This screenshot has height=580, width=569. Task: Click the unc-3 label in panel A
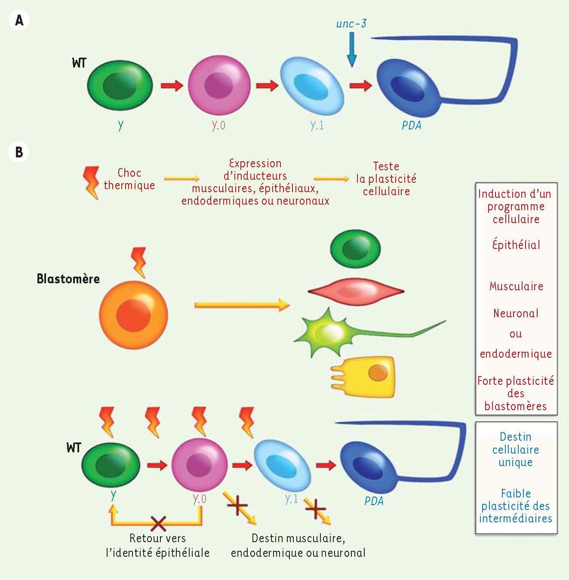coord(351,24)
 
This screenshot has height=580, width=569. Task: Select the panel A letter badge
coord(19,20)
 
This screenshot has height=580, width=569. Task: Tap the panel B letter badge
coord(19,152)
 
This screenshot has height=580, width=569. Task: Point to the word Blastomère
coord(68,279)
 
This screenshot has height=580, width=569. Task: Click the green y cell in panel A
coord(120,85)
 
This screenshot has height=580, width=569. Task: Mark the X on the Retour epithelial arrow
coord(158,523)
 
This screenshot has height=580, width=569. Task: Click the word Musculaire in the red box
coord(516,286)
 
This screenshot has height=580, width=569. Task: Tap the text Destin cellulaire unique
coord(515,450)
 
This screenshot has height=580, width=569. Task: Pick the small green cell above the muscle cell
coord(355,249)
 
